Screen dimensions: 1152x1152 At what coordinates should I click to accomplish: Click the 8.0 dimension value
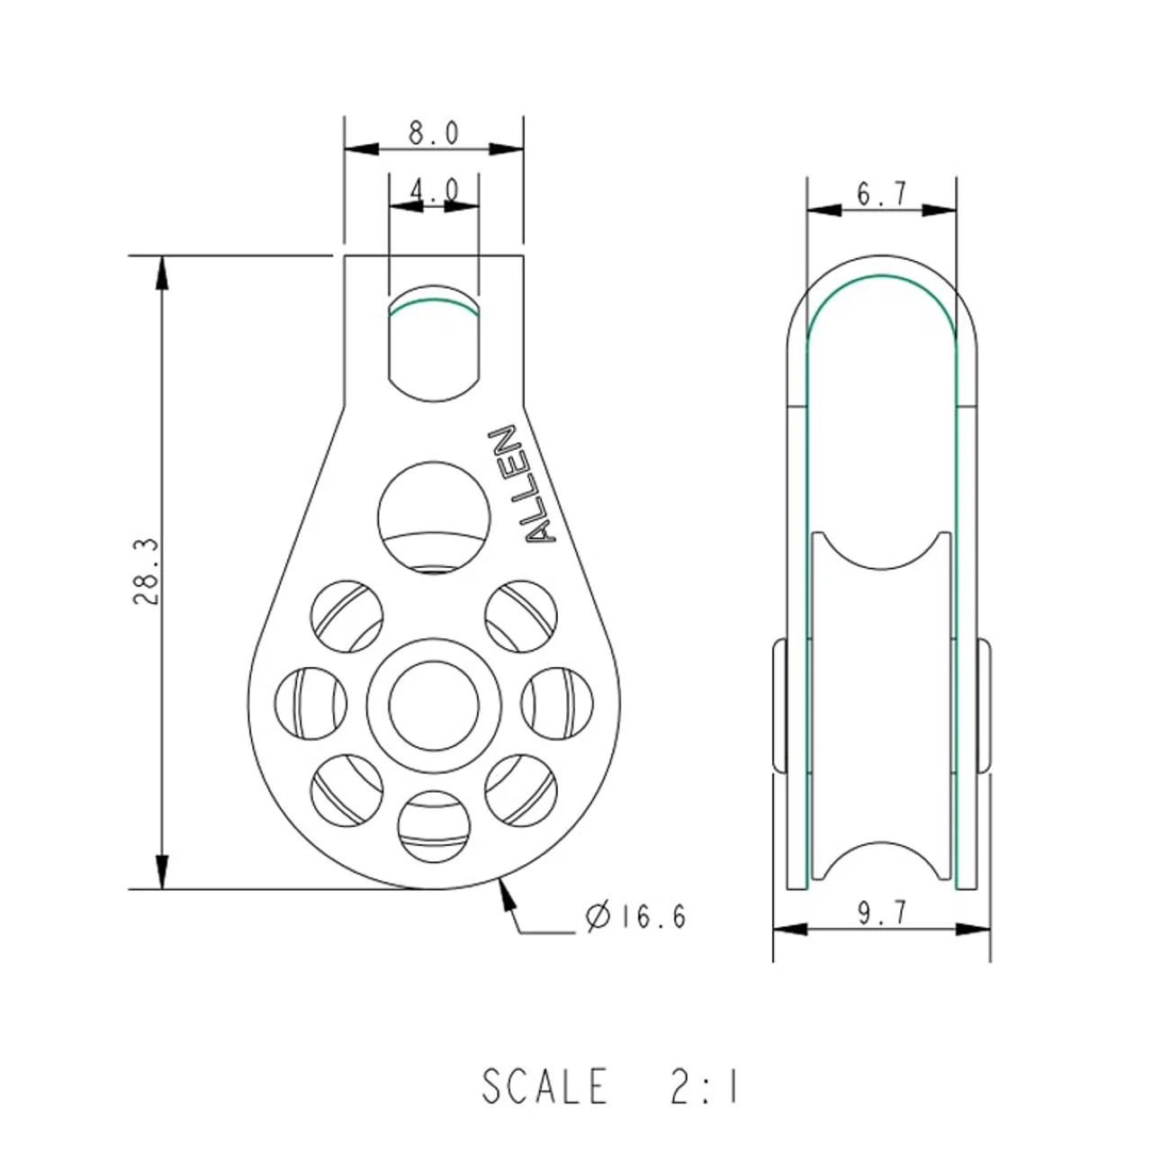point(434,132)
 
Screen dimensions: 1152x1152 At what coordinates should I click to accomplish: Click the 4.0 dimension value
point(434,191)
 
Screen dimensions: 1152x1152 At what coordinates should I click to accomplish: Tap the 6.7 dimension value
point(881,193)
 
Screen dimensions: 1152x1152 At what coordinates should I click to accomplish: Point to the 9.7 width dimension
point(882,913)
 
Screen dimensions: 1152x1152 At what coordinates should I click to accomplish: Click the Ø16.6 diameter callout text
point(634,916)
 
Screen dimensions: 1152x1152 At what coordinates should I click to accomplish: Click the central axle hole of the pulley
point(434,706)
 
